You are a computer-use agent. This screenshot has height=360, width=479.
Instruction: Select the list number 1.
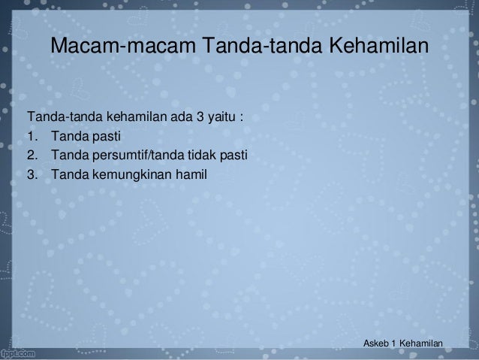pyautogui.click(x=32, y=138)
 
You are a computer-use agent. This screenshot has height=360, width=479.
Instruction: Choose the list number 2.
pyautogui.click(x=32, y=156)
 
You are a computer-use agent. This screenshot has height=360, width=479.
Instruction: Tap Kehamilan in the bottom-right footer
pyautogui.click(x=423, y=343)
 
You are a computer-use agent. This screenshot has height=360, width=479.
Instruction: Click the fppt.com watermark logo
pyautogui.click(x=21, y=351)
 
